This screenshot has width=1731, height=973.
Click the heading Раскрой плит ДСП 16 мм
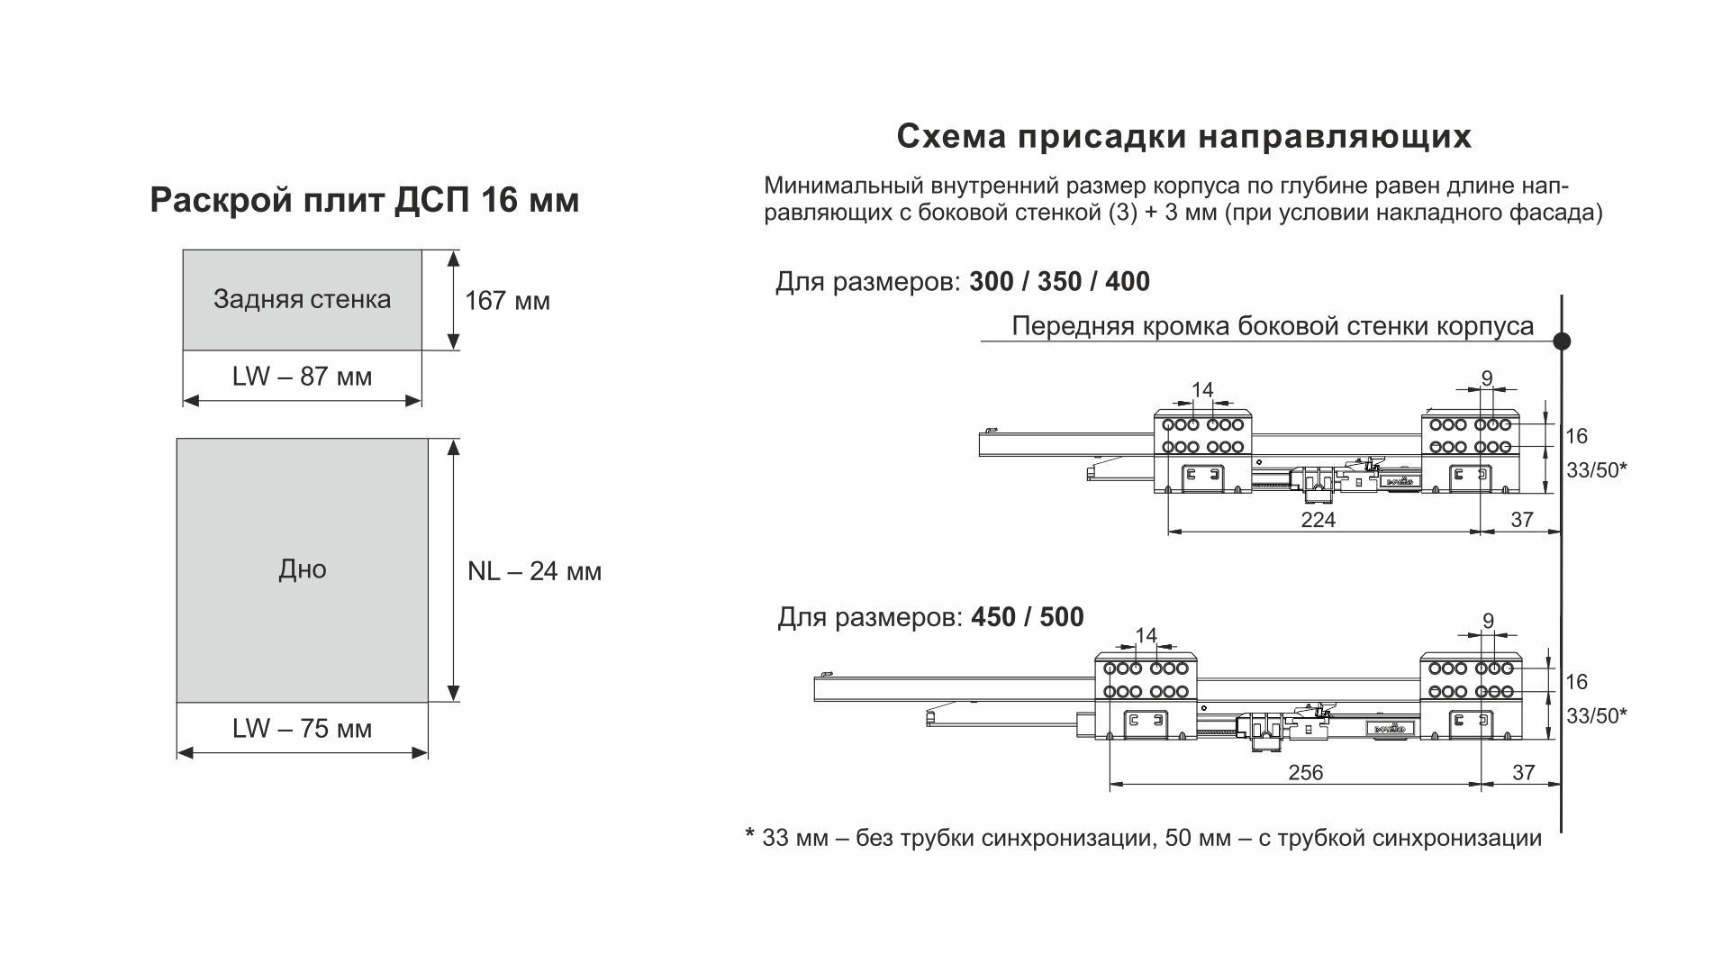tap(364, 200)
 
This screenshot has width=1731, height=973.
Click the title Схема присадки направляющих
tap(1183, 137)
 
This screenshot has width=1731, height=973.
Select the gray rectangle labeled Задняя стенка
tap(302, 300)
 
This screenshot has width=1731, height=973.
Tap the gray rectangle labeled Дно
tap(302, 569)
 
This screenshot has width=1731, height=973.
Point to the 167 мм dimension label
tap(507, 301)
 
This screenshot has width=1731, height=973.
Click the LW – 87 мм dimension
tap(302, 377)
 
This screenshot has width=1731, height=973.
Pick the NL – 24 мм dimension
tap(534, 572)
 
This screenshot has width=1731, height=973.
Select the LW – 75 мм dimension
tap(302, 729)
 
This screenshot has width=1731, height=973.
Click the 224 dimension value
tap(1319, 520)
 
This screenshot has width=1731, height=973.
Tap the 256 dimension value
tap(1306, 773)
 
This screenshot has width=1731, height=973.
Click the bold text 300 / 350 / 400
tap(1059, 282)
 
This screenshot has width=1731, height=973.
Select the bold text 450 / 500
tap(1028, 618)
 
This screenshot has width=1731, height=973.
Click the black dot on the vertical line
tap(1562, 341)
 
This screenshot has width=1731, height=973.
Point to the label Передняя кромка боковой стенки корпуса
tap(1272, 326)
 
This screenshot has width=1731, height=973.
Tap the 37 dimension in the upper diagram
tap(1522, 520)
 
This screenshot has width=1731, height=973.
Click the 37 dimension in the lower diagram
tap(1523, 773)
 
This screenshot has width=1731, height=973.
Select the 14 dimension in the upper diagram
tap(1202, 390)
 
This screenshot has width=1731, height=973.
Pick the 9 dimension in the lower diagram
tap(1488, 622)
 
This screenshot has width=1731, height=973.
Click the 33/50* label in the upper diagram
tap(1597, 470)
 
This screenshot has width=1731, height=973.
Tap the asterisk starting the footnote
tap(749, 835)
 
